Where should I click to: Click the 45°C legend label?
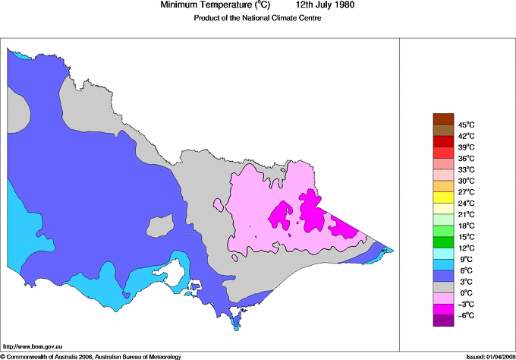[x=466, y=125]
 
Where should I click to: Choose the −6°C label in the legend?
[x=466, y=315]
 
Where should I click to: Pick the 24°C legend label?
[x=466, y=203]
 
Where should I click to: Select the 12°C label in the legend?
[x=466, y=248]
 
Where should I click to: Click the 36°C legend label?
[x=466, y=158]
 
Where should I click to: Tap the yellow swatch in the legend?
[x=442, y=197]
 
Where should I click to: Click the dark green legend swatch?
[x=442, y=242]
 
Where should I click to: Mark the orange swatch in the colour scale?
[x=442, y=186]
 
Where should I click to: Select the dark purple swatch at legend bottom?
[x=442, y=321]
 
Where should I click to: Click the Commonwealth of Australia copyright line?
[x=91, y=355]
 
